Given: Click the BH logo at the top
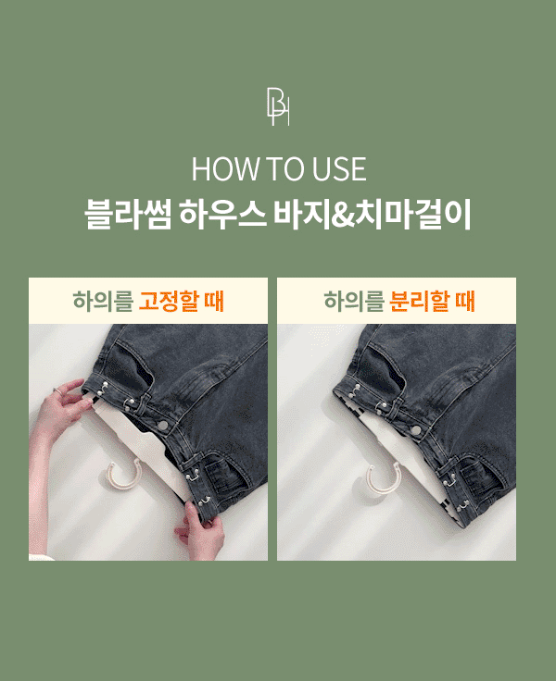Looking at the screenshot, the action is point(278,106).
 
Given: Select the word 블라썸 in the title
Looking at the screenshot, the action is point(128,214).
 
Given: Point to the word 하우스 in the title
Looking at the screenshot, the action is point(222,214).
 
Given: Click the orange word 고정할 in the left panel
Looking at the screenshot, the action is point(170,301).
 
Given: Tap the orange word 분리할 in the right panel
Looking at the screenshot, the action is point(420,301).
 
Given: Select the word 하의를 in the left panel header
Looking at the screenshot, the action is point(103,301).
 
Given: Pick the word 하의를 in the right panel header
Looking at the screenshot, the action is point(354,301).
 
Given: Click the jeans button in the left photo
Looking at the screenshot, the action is point(164,426).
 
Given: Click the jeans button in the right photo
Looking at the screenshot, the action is point(415,430).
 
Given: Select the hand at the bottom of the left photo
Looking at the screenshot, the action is point(199,529).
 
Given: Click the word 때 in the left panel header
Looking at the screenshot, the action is point(214,301).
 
